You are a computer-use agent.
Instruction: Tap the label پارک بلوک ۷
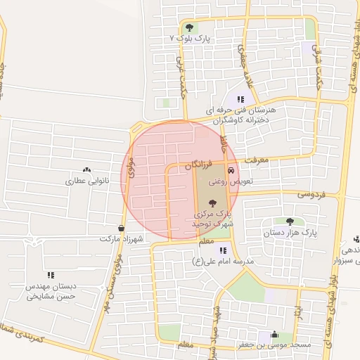(186, 38)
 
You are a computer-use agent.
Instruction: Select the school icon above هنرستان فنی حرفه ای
(241, 100)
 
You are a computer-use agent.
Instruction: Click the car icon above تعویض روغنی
(231, 171)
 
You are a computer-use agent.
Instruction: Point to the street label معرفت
(257, 161)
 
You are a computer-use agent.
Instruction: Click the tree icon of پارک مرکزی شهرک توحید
(213, 202)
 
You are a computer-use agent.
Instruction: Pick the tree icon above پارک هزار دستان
(290, 221)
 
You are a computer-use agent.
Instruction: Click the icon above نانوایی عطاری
(87, 170)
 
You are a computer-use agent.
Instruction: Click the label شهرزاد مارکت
(121, 239)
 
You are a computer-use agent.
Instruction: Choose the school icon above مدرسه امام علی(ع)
(223, 250)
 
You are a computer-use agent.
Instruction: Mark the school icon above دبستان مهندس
(50, 275)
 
